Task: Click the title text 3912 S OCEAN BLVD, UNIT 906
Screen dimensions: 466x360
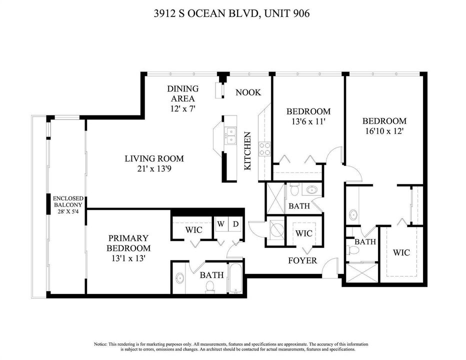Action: click(x=232, y=13)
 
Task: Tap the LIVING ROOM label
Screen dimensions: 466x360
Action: click(x=154, y=158)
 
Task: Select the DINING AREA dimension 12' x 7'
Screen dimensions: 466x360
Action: click(x=182, y=109)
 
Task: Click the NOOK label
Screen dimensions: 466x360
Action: click(x=248, y=92)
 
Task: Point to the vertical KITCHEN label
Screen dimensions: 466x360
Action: click(x=247, y=151)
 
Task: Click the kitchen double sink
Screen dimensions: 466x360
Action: click(x=230, y=135)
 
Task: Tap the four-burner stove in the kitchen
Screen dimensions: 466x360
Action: click(x=264, y=149)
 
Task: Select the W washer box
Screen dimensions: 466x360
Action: click(x=221, y=224)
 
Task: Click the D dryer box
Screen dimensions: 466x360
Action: click(x=235, y=224)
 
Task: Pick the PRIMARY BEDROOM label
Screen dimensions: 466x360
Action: click(x=128, y=243)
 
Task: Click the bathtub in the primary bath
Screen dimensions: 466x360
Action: click(x=235, y=278)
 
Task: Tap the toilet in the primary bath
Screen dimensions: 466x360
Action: click(x=210, y=287)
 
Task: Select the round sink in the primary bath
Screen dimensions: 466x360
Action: click(x=180, y=278)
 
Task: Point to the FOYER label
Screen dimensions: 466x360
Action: click(x=302, y=260)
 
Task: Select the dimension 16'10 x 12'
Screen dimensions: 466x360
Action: click(x=384, y=131)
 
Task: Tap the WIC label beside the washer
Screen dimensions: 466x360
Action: click(x=194, y=230)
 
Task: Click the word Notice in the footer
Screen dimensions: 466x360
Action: click(x=100, y=344)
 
